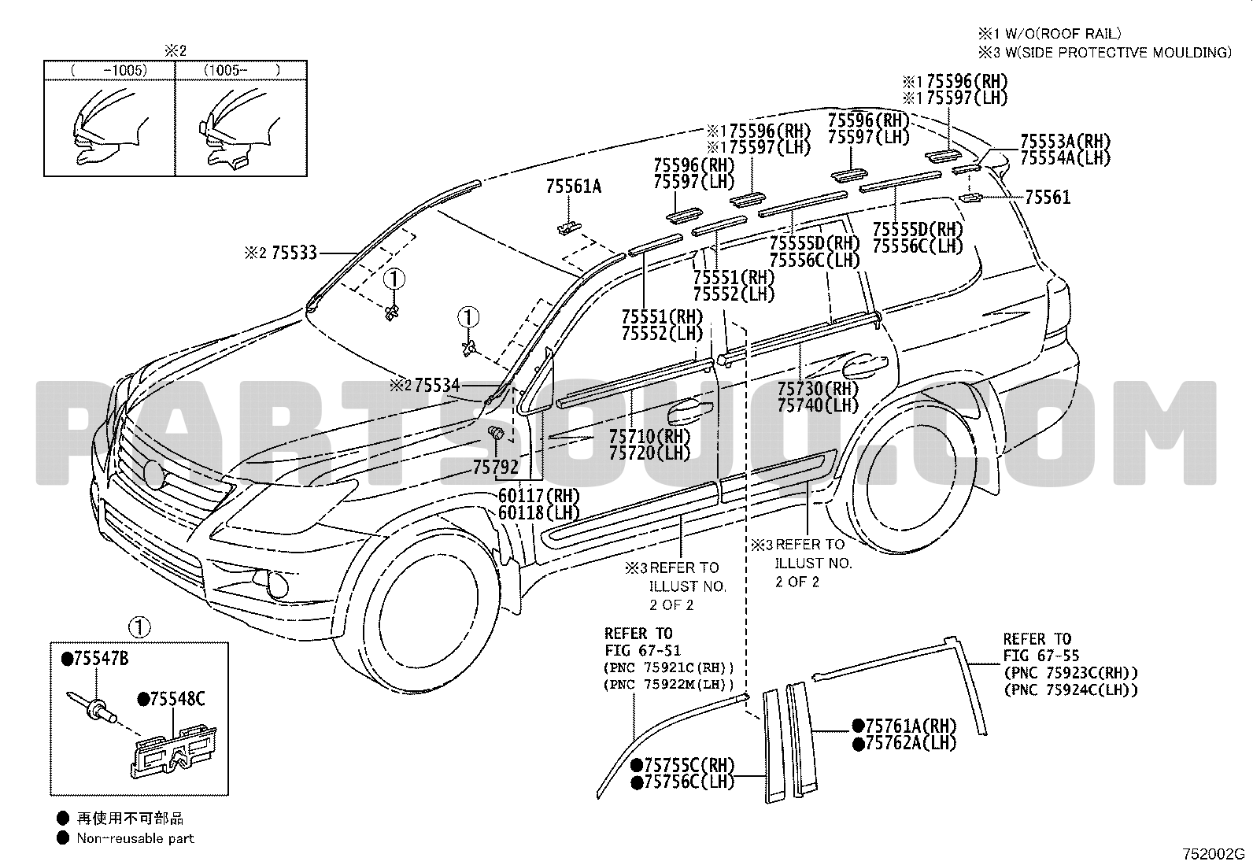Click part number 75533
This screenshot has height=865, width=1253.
click(x=294, y=253)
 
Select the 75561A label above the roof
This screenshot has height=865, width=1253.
click(x=573, y=187)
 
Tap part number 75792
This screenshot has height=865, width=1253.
click(x=495, y=468)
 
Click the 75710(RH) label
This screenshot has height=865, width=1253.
click(x=649, y=437)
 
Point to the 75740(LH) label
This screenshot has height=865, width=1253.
click(x=818, y=405)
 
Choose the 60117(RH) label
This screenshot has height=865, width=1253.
click(x=538, y=497)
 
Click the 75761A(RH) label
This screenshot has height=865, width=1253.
click(x=910, y=726)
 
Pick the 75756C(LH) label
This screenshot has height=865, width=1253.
click(x=682, y=782)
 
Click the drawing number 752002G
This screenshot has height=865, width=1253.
click(x=1214, y=854)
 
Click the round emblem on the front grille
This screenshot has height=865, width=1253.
click(x=154, y=473)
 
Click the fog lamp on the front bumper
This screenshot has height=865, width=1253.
click(x=277, y=584)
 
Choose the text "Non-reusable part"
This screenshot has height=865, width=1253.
click(x=135, y=838)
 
